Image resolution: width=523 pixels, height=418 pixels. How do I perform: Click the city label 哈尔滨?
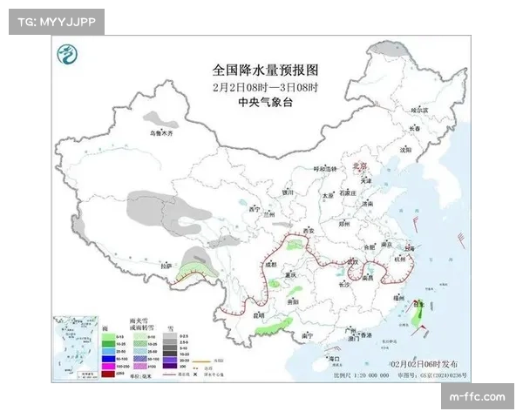421,110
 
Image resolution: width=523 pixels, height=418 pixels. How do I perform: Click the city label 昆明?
258,314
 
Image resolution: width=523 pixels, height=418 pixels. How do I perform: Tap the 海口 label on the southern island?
331,358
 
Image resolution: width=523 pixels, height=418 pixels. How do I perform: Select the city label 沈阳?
404,149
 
